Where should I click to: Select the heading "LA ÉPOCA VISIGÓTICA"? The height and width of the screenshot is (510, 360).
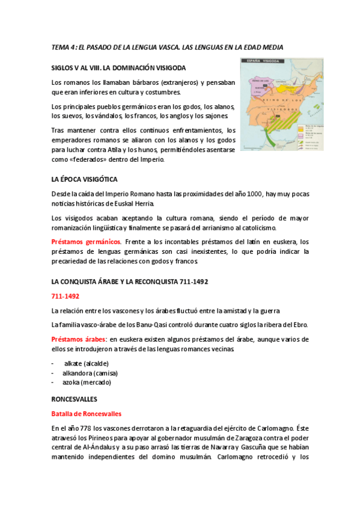click(85, 179)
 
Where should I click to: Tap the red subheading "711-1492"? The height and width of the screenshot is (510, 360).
click(66, 296)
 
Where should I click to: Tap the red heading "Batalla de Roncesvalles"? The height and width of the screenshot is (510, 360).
click(87, 413)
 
